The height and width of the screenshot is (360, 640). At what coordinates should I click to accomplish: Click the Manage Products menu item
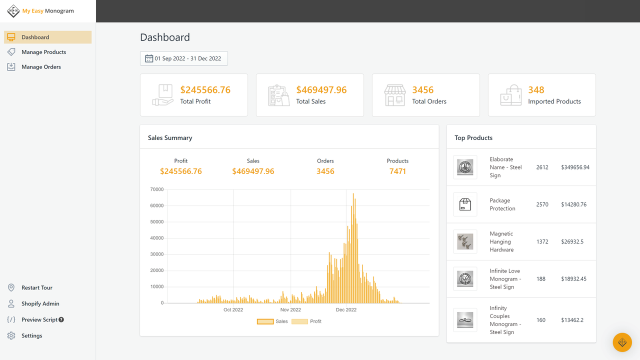[x=43, y=52]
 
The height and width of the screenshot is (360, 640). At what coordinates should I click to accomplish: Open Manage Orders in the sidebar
[x=41, y=67]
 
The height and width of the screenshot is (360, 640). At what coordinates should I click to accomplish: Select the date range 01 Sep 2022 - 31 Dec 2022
[x=184, y=58]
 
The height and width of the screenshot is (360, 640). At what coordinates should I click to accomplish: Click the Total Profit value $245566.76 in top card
[x=205, y=90]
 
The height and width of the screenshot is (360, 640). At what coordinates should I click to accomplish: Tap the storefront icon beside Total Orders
[x=394, y=95]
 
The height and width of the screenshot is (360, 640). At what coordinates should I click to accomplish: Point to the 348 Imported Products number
[x=536, y=90]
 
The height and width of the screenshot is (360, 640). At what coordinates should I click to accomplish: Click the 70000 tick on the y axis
[x=157, y=189]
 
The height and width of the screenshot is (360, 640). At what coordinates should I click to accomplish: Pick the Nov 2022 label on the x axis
[x=290, y=310]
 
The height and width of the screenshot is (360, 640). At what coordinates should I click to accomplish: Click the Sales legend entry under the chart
[x=273, y=321]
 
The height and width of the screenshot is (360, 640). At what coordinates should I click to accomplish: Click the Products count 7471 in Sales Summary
[x=397, y=171]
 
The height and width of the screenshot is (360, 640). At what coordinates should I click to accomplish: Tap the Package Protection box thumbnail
[x=465, y=204]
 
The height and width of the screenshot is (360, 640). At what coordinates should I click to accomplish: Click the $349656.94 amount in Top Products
[x=575, y=167]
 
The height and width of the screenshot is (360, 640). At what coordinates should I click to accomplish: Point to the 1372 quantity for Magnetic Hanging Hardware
[x=542, y=241]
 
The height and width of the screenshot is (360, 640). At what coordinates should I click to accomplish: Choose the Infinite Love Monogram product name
[x=505, y=279]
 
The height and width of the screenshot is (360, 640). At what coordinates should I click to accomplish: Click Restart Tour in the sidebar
[x=36, y=288]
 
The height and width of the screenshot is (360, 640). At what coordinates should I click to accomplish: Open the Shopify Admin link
[x=40, y=304]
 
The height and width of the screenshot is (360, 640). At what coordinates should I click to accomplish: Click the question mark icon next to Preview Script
[x=61, y=320]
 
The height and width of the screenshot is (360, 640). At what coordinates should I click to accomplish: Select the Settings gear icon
[x=11, y=336]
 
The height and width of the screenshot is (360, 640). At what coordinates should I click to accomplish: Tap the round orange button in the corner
[x=622, y=342]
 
